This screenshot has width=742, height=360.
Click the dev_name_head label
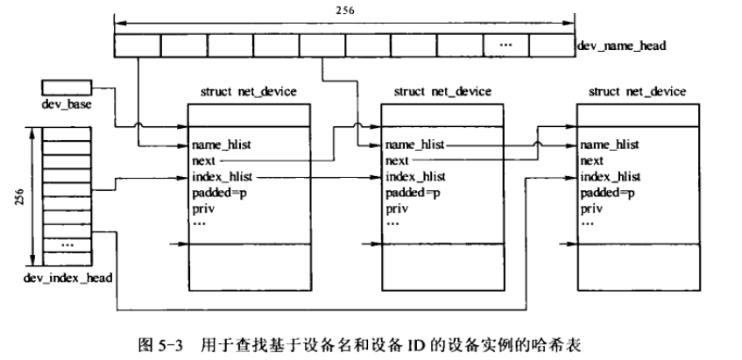tap(620, 43)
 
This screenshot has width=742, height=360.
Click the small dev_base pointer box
tap(65, 88)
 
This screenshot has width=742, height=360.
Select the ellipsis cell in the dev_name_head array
tap(505, 43)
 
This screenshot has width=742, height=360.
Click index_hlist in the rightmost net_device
tap(611, 176)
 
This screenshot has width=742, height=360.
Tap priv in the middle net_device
tap(395, 208)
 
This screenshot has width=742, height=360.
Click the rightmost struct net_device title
tap(637, 91)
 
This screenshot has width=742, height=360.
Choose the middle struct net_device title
tap(442, 91)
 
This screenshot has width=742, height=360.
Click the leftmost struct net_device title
tap(249, 91)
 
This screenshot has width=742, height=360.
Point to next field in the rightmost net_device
tap(592, 160)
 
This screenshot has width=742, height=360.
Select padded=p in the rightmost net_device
tap(608, 193)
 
